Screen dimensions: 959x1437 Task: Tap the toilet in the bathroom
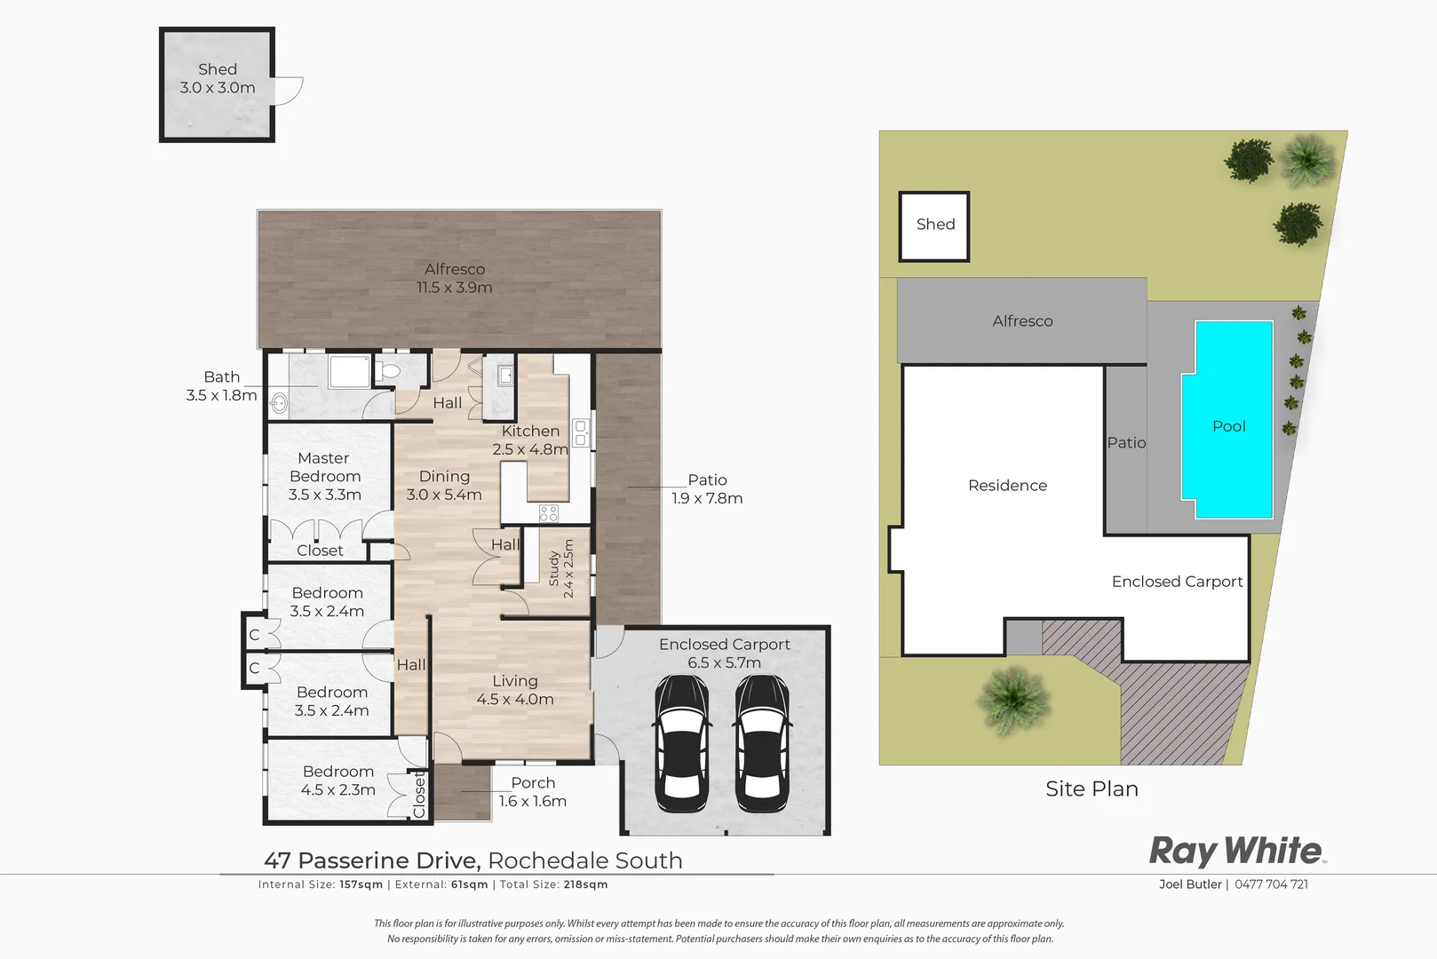(389, 371)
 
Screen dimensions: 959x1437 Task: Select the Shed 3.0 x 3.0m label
(218, 79)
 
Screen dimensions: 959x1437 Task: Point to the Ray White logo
(1236, 851)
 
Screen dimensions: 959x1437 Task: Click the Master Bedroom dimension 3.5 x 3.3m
(324, 495)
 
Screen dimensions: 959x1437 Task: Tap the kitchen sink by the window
(581, 432)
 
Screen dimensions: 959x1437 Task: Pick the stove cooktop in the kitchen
(549, 512)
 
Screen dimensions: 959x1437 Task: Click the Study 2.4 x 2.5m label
(561, 568)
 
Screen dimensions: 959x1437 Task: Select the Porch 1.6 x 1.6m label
(533, 792)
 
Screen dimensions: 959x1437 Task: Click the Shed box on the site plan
(934, 226)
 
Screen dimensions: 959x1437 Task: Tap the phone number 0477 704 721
(1271, 884)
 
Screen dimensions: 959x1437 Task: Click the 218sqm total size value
(585, 884)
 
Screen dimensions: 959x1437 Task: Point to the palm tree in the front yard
(1014, 699)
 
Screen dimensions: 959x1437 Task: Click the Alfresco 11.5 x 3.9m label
(455, 278)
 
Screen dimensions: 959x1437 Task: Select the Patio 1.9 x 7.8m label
(707, 489)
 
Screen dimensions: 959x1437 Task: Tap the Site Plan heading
(1092, 789)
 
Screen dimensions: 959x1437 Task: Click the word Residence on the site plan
(1007, 486)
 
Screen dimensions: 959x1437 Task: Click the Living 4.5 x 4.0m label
(515, 690)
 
